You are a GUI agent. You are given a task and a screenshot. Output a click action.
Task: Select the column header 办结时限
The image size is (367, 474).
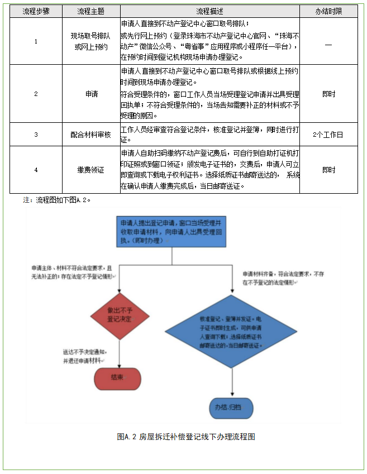click(x=328, y=11)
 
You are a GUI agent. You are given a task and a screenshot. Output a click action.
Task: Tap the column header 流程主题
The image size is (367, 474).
click(x=91, y=11)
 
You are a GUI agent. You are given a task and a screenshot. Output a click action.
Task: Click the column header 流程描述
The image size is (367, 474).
click(x=209, y=11)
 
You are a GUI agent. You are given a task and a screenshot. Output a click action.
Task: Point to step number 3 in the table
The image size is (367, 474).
click(x=36, y=135)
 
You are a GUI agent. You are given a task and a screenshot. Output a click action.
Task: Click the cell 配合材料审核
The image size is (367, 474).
click(x=91, y=135)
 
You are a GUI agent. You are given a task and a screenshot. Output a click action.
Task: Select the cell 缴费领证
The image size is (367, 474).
click(x=91, y=170)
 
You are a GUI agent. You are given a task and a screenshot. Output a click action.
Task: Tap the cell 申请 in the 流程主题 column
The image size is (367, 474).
click(x=91, y=94)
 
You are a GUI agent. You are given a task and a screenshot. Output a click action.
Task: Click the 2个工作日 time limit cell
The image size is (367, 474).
click(x=328, y=135)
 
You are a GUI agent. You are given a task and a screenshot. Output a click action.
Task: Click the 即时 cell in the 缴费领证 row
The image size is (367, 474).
click(x=328, y=170)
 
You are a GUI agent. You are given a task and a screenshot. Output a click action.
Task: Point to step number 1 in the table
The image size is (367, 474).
click(x=36, y=42)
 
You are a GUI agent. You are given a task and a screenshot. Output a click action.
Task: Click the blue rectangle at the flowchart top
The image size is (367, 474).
click(x=171, y=231)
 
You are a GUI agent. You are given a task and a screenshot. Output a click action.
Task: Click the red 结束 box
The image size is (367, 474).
click(x=117, y=377)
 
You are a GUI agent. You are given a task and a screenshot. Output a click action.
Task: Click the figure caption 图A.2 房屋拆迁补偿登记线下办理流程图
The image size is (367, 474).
click(x=186, y=437)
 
